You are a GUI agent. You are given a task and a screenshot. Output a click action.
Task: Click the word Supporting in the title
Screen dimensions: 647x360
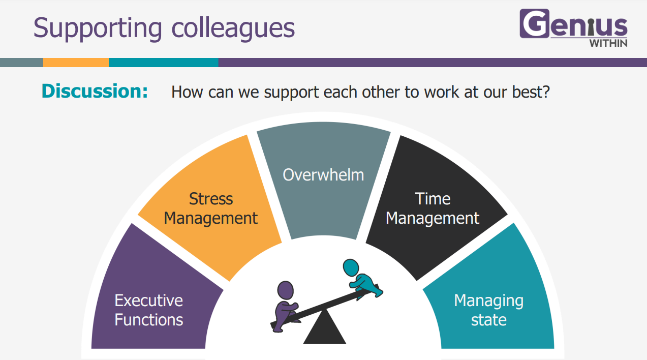tap(98, 28)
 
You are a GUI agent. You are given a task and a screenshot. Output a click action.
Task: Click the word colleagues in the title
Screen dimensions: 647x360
tap(233, 28)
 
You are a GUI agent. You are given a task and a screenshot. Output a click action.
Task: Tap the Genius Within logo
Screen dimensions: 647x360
tap(573, 28)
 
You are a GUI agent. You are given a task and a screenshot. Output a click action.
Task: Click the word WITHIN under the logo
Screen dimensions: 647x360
tap(608, 43)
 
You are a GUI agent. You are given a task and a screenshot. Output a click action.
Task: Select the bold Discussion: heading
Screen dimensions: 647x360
tap(95, 91)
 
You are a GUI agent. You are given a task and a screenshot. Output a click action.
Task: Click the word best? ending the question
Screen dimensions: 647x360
tap(531, 92)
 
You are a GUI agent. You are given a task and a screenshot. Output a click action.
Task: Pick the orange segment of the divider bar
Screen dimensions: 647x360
tap(76, 63)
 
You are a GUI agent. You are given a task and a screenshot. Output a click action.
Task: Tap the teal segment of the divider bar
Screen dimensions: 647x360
tap(164, 63)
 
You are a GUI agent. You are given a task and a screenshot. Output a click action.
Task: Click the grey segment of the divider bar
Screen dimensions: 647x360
tap(22, 63)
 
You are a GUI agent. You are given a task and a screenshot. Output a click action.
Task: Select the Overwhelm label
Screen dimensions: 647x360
tap(323, 175)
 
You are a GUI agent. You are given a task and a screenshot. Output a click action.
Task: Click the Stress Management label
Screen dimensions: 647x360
tap(211, 208)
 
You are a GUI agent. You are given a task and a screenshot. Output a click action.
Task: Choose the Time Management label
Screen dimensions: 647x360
tap(433, 208)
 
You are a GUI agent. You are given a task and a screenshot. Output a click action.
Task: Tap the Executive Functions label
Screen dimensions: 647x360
tap(149, 310)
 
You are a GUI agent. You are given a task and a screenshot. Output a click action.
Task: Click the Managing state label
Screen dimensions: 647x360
tap(489, 310)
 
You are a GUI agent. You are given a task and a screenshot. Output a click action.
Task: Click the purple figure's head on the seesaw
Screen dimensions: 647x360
tap(285, 290)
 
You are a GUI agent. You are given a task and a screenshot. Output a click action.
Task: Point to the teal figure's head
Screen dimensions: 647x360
tap(351, 267)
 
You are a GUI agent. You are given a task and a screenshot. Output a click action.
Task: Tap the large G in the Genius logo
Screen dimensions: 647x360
tap(534, 23)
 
